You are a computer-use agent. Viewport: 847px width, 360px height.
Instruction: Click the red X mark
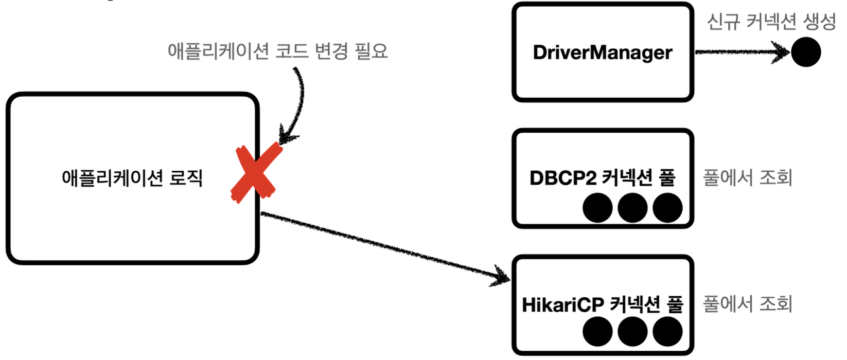[256, 173]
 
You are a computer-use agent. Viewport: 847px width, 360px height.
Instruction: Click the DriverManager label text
[603, 52]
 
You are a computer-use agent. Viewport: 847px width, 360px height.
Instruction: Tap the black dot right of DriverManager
[806, 52]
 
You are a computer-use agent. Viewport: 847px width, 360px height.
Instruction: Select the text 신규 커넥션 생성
[771, 22]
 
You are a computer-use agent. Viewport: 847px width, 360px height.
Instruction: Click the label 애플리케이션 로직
[132, 178]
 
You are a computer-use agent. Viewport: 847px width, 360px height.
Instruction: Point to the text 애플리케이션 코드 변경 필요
[277, 51]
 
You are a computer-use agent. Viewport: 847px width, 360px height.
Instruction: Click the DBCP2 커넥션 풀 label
[603, 178]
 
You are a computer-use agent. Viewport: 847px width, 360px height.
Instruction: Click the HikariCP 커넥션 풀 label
[603, 304]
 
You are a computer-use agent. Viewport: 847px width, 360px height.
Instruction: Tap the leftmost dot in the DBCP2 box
[597, 208]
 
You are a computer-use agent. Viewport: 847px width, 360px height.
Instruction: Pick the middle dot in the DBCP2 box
[632, 208]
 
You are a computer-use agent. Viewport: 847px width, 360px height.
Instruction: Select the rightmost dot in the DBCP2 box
[667, 208]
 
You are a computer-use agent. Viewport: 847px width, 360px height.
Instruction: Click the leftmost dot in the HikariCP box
[597, 332]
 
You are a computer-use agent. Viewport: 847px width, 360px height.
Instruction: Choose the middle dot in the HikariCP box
[632, 332]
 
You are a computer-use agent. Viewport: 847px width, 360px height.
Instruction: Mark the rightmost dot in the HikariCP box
[667, 332]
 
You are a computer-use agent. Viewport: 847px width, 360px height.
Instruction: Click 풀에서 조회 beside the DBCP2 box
[747, 178]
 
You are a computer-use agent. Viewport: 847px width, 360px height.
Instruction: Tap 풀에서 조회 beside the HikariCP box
[747, 304]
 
